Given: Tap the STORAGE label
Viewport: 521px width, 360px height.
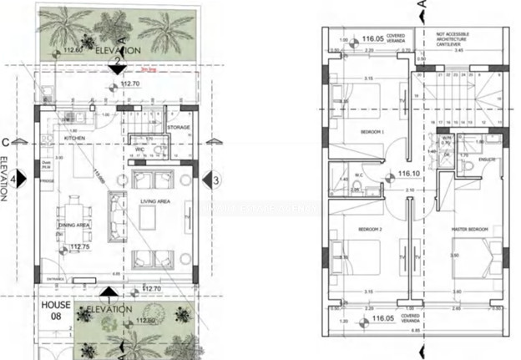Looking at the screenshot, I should (x=179, y=128).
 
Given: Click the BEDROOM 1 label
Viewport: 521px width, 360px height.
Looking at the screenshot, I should (x=371, y=132).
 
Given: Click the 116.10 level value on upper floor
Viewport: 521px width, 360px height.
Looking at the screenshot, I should (x=407, y=175).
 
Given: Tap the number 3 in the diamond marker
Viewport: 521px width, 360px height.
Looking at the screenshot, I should (x=215, y=179).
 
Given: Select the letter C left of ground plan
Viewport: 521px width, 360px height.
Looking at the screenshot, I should (x=6, y=142).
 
